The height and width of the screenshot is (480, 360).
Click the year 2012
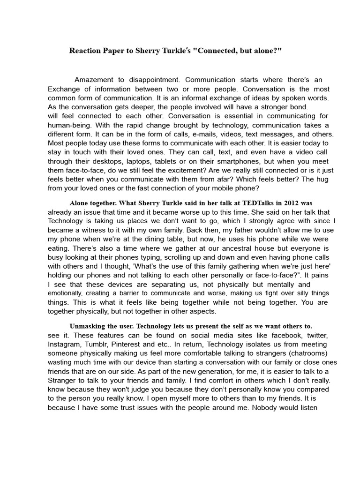point(291,203)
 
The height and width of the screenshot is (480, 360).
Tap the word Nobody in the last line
point(265,407)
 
